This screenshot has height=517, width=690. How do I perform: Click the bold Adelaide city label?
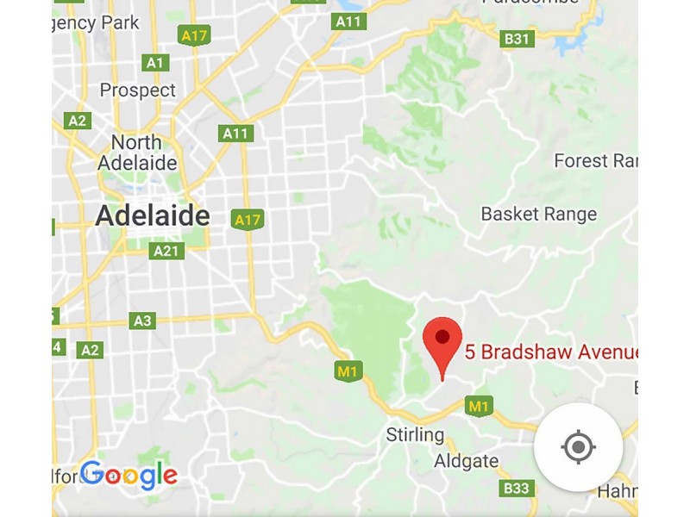(153, 215)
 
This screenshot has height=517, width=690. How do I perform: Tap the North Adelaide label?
(137, 153)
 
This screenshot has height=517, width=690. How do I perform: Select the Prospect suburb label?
(137, 90)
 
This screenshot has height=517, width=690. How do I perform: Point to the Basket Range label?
(538, 215)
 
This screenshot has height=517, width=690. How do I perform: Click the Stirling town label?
(415, 435)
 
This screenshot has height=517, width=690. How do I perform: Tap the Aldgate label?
(467, 461)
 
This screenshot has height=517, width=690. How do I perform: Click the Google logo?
(129, 474)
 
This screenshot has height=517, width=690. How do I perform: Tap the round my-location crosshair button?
(578, 447)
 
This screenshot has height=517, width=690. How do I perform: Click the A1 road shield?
(155, 62)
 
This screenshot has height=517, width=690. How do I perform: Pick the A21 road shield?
(166, 251)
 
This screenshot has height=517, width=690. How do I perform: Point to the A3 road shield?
(142, 321)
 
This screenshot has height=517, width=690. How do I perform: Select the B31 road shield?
(517, 39)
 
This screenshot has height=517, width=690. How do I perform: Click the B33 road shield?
(516, 489)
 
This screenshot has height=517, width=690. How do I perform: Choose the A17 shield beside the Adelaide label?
(248, 220)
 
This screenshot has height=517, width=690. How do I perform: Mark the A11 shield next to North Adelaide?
(235, 134)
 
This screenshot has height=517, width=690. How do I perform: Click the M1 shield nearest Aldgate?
(478, 405)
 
